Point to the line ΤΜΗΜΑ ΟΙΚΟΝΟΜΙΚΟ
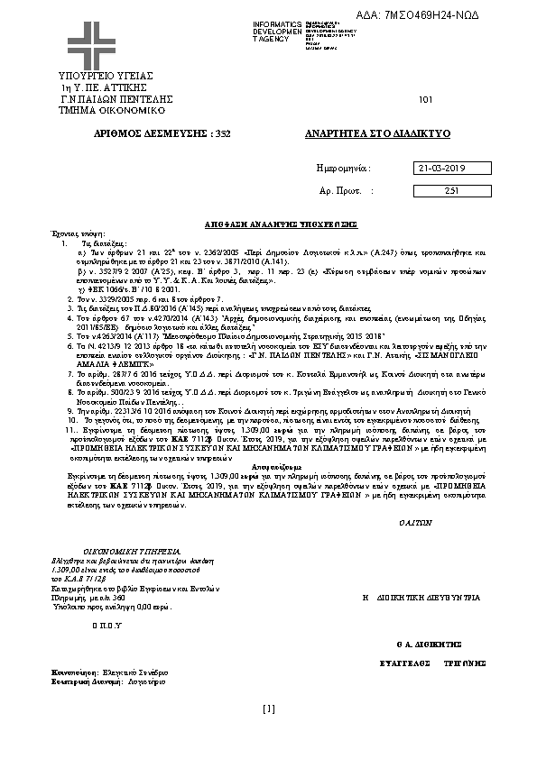[x=99, y=109]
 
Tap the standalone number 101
[x=427, y=99]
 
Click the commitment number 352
[x=225, y=133]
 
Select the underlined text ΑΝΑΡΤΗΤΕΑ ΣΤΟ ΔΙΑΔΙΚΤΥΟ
[x=378, y=133]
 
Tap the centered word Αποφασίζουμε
[x=268, y=470]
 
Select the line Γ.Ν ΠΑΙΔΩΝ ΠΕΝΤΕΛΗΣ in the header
[x=104, y=98]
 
